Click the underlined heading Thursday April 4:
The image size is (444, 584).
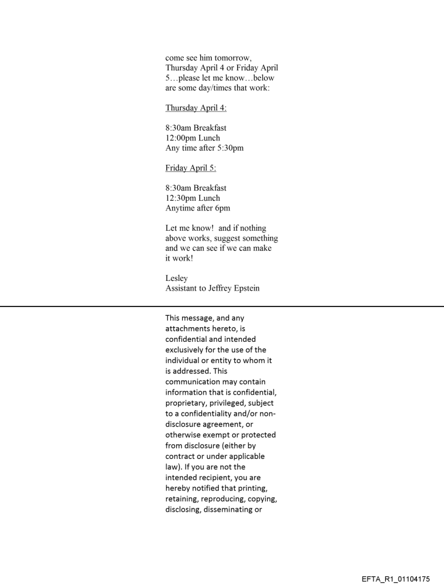(x=196, y=108)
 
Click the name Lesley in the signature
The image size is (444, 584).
(x=176, y=278)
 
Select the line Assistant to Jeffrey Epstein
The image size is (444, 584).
(x=212, y=288)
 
